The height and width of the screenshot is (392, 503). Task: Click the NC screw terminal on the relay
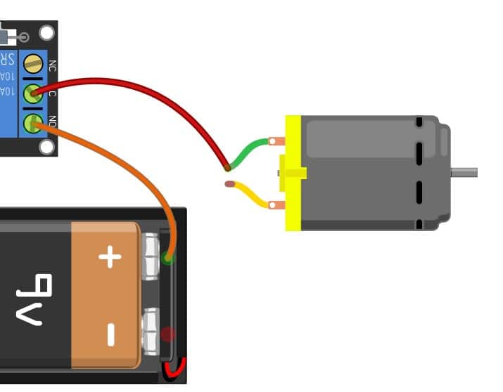32,65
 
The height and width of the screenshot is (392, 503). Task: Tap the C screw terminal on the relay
32,93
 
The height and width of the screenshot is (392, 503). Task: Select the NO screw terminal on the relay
32,124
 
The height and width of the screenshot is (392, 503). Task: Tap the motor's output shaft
464,172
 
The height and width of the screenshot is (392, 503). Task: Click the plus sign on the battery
110,257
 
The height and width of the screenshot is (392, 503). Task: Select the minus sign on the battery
110,334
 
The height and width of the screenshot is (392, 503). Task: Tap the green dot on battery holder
167,257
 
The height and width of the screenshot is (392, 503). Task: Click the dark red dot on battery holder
167,334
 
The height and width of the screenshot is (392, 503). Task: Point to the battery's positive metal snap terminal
152,257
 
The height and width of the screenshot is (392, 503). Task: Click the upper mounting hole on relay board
46,33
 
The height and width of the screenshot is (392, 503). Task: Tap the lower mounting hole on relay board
46,147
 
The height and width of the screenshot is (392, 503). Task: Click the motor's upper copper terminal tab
278,141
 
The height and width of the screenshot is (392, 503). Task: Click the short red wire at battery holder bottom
174,370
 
